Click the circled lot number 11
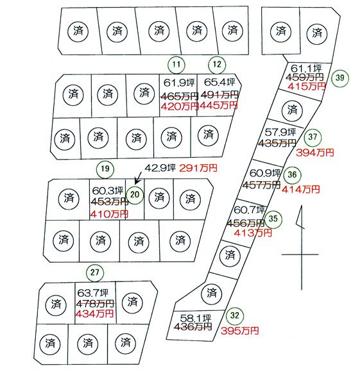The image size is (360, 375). [176, 65]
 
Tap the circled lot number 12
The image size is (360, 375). [217, 65]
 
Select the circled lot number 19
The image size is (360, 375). [105, 169]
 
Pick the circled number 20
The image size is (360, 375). [135, 195]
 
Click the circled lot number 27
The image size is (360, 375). [95, 272]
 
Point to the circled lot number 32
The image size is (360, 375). [235, 315]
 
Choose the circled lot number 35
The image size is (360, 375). [273, 219]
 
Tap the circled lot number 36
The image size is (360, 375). [292, 175]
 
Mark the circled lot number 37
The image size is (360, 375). [313, 137]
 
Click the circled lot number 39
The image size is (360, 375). [340, 78]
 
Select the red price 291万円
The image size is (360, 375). [198, 168]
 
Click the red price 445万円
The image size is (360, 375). [219, 105]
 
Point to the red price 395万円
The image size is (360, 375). [240, 331]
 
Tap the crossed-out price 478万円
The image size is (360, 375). [95, 304]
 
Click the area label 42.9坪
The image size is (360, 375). [160, 168]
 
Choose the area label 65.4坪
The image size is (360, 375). [219, 82]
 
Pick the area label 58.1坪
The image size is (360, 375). [196, 318]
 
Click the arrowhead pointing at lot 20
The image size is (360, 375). [136, 183]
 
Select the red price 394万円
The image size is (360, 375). [315, 153]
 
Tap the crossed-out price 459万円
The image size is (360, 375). [305, 77]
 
